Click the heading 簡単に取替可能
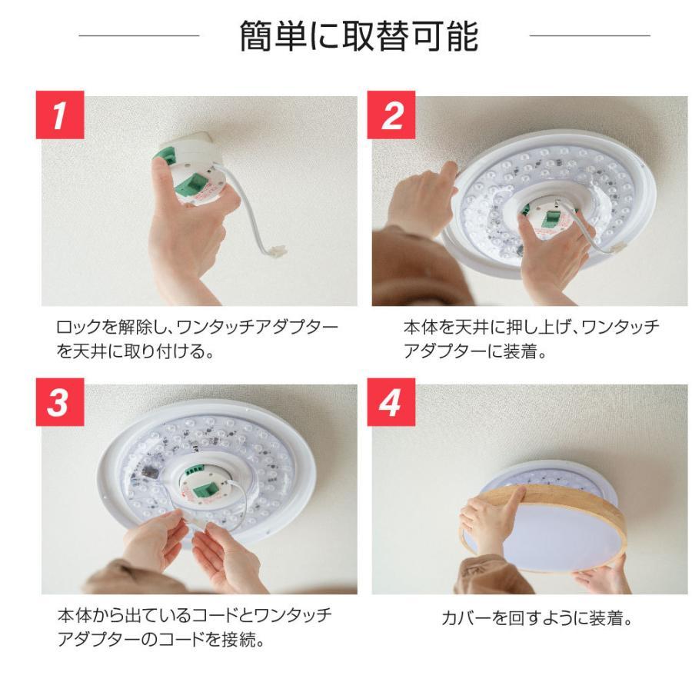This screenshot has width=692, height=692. point(358,36)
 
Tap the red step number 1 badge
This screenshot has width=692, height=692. point(59,115)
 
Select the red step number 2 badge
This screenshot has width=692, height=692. point(392,115)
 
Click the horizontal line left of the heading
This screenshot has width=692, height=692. point(138,35)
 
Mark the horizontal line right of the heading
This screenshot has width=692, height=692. point(590,35)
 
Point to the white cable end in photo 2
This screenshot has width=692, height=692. point(617,248)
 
